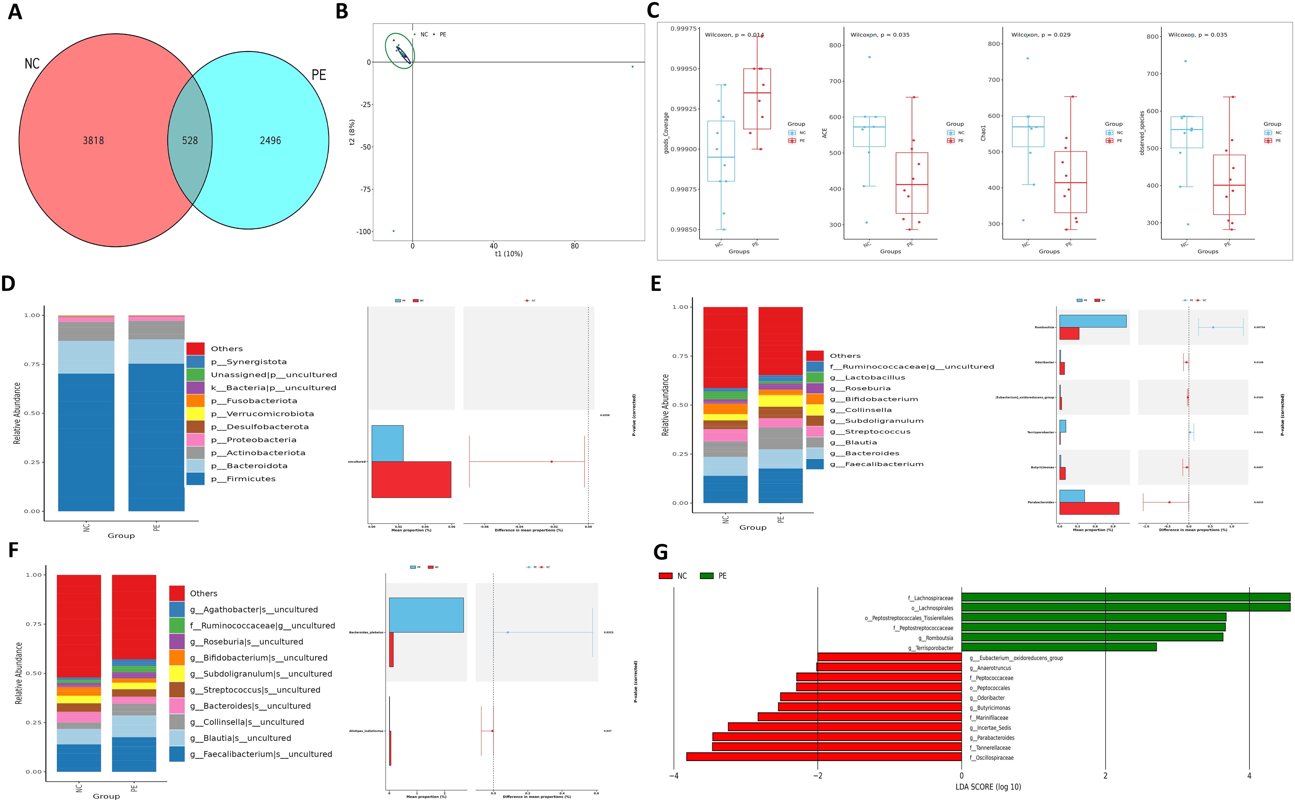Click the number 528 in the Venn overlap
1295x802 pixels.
click(x=190, y=141)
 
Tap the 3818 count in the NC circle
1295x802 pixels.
click(x=93, y=141)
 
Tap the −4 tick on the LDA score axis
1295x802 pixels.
click(x=674, y=776)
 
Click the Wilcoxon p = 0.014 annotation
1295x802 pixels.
click(x=734, y=35)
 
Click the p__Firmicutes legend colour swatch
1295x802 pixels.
click(x=195, y=479)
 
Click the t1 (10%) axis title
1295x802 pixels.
click(x=508, y=254)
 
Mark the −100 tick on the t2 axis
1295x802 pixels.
click(x=364, y=232)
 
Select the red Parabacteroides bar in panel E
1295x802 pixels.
click(x=1089, y=508)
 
